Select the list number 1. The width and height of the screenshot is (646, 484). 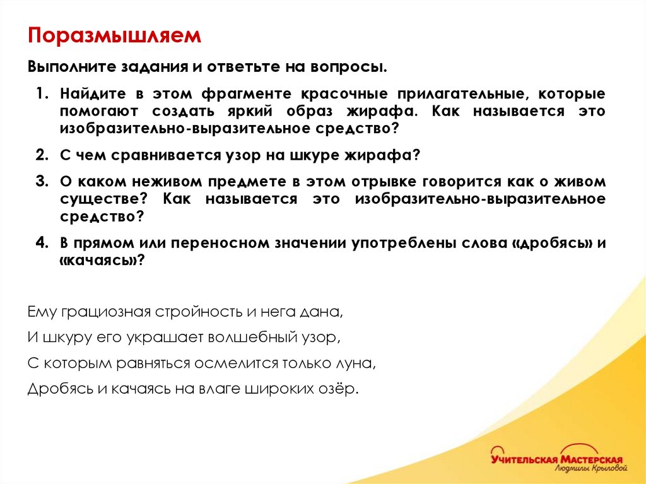[42, 94]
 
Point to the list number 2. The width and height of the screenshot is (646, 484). [42, 155]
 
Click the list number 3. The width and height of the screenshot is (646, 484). [42, 182]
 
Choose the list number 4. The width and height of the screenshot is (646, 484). [42, 243]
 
